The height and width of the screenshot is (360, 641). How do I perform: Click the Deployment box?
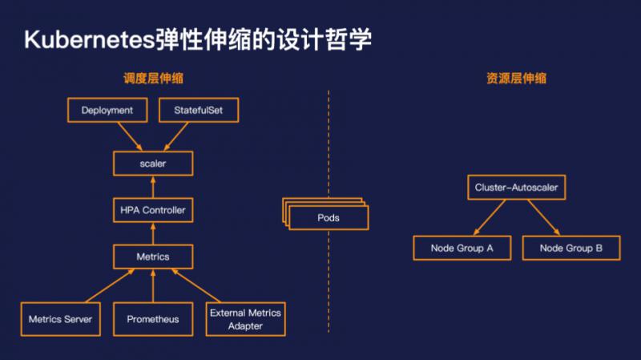(x=107, y=110)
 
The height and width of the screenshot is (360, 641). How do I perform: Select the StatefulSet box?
(x=199, y=110)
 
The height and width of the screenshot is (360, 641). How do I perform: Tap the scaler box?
(x=153, y=164)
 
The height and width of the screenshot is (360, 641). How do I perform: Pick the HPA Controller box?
(x=153, y=210)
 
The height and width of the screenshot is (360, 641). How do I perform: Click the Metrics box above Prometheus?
(x=153, y=257)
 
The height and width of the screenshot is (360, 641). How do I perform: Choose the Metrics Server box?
(x=61, y=319)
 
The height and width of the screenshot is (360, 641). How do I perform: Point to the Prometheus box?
(x=153, y=319)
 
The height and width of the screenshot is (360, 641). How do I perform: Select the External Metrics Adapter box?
(x=245, y=319)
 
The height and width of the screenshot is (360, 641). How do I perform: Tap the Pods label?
(x=329, y=218)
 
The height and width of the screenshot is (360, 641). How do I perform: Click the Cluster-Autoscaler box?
(x=516, y=188)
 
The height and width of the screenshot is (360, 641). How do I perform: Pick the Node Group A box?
(x=462, y=248)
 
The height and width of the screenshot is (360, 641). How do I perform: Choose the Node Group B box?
(x=571, y=248)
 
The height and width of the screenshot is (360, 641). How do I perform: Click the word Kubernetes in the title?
(x=90, y=39)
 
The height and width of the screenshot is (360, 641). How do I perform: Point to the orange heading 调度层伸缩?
(x=153, y=78)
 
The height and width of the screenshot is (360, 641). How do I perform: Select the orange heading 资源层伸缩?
(x=516, y=78)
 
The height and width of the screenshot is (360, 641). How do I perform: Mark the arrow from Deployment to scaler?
(x=131, y=136)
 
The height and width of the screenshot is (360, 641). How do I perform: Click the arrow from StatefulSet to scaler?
(x=176, y=136)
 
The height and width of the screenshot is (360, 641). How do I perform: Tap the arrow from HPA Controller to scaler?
(x=153, y=187)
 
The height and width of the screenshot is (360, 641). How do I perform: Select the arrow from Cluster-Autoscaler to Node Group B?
(x=544, y=217)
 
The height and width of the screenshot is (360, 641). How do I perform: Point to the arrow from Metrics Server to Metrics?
(x=111, y=285)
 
